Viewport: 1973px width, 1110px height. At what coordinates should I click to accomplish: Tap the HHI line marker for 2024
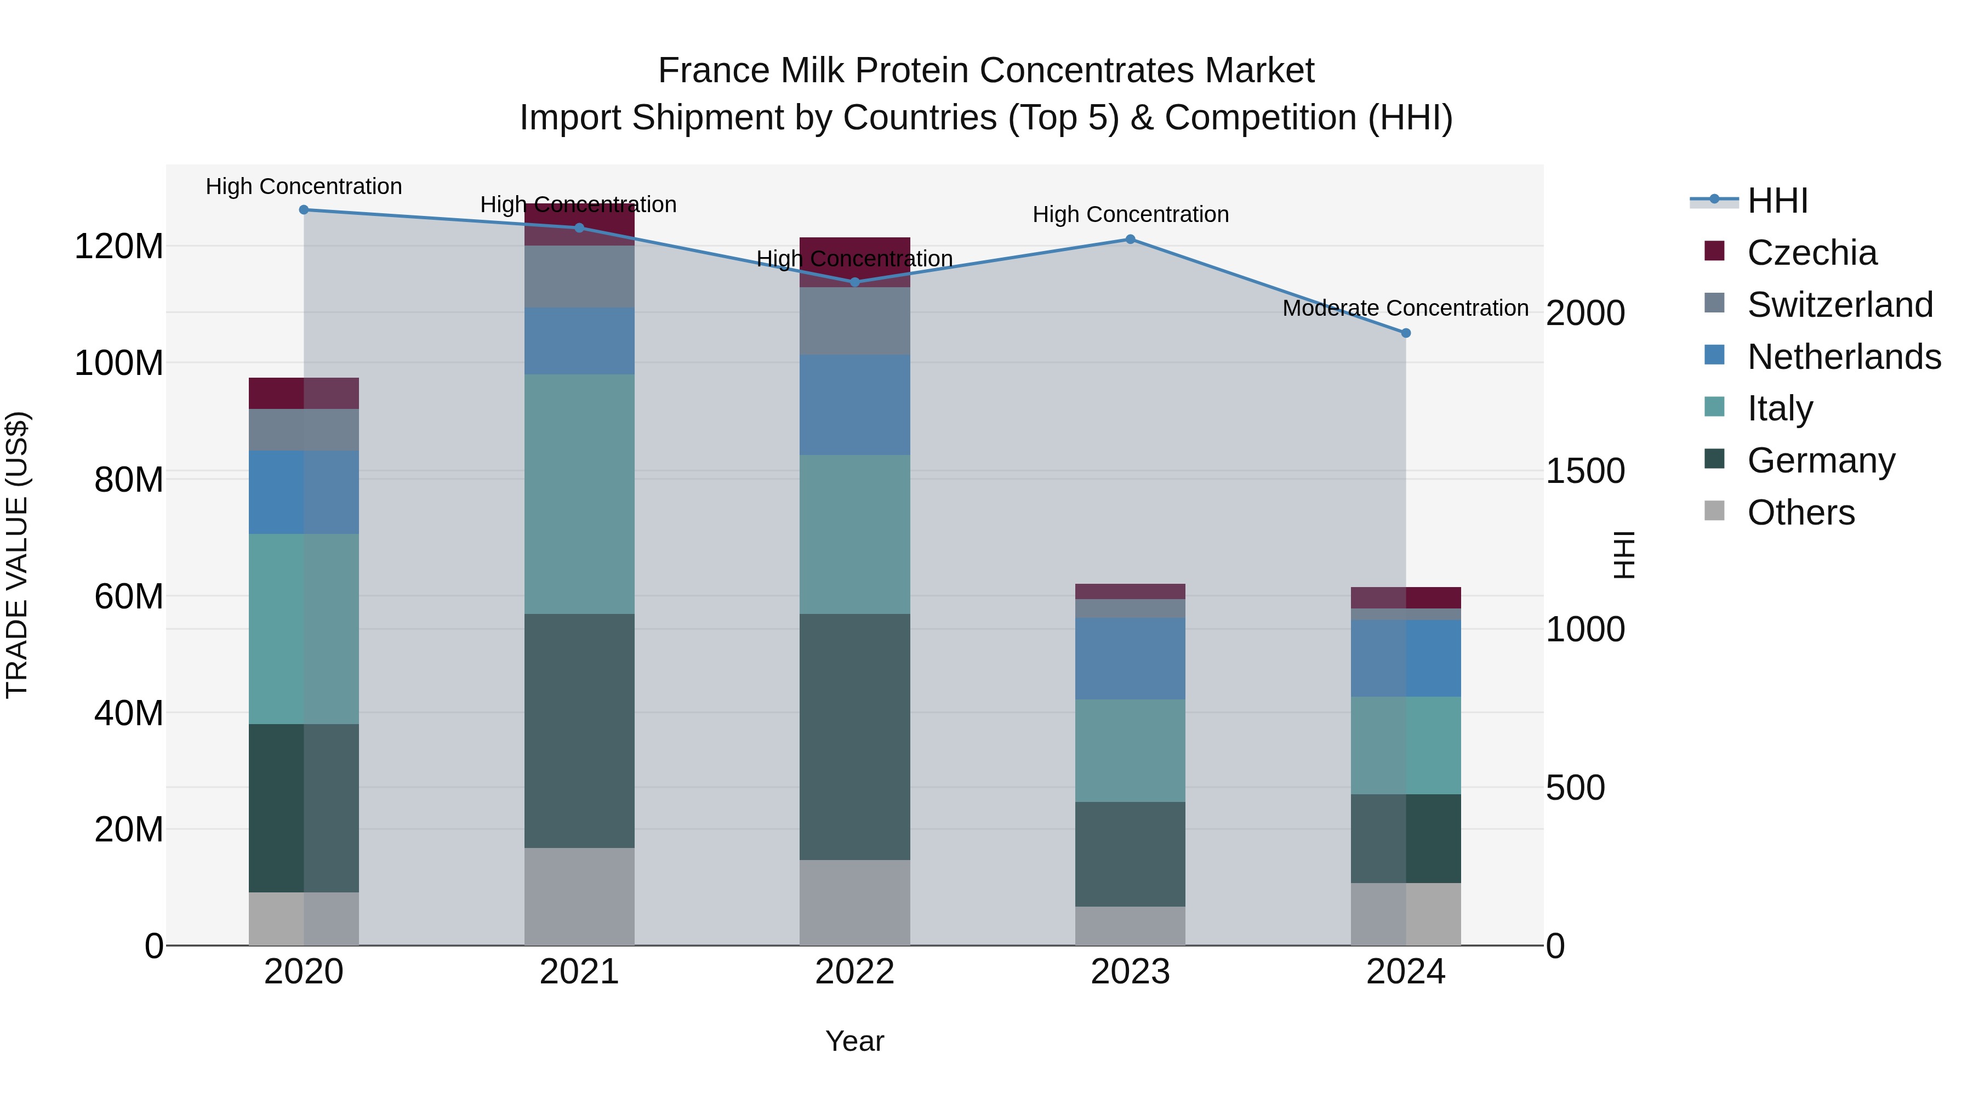point(1405,333)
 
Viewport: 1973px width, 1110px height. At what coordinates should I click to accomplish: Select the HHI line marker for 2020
point(304,209)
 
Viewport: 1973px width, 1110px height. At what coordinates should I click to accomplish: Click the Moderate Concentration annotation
point(1405,308)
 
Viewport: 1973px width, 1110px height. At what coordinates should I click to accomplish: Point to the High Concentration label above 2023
point(1131,214)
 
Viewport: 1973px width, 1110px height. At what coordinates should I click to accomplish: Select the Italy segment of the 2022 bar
point(855,534)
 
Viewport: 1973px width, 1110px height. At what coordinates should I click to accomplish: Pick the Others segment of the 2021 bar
point(579,896)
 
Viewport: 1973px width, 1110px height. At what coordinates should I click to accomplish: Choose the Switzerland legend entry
point(1840,305)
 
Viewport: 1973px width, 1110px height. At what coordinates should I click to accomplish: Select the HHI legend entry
point(1777,201)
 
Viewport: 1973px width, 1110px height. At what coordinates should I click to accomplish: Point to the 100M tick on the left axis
point(119,363)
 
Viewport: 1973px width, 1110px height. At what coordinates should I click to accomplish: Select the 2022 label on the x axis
point(855,972)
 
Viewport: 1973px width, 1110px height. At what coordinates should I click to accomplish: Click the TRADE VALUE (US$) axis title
point(17,555)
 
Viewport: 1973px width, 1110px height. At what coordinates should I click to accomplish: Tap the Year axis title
point(855,1041)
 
